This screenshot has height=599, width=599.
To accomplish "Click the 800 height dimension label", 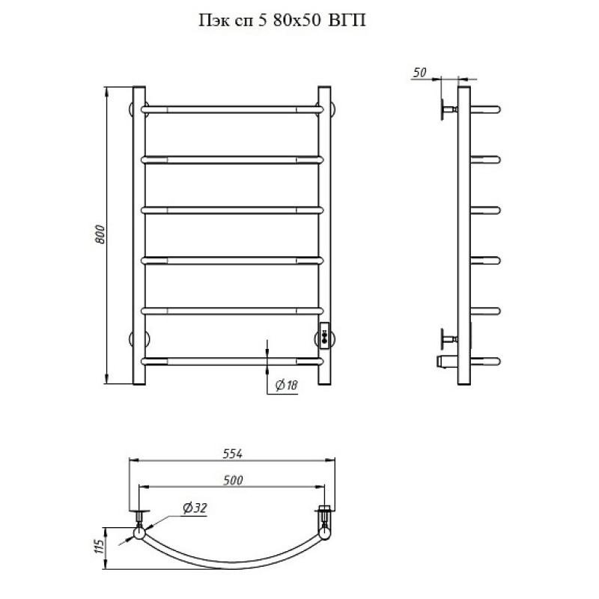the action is [x=100, y=234].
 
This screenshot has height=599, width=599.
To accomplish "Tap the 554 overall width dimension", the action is [x=233, y=454].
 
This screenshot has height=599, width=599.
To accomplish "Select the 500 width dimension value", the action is [x=233, y=480].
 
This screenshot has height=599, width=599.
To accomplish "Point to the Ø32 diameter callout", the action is [x=195, y=508].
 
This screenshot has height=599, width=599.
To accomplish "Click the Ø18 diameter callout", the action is [x=287, y=385].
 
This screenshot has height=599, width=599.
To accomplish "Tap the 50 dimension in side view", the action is [x=419, y=72].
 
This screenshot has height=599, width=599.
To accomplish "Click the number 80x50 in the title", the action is [x=297, y=20].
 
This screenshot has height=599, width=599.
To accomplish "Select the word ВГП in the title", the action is [x=347, y=20].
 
